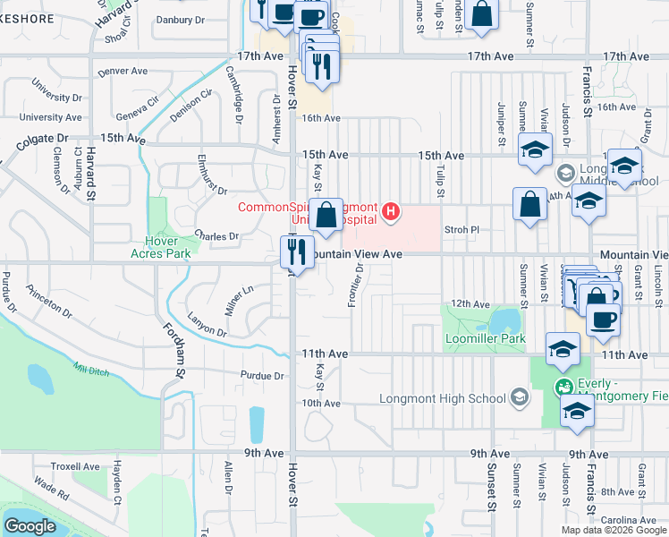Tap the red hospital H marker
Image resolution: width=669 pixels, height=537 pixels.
pos(390,212)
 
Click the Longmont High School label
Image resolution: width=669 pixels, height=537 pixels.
pos(443,398)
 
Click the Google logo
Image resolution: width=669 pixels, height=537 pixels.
pos(30,526)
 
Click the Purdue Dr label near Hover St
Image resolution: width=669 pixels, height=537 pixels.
pos(262,376)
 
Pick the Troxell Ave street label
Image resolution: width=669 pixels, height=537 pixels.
pos(75,466)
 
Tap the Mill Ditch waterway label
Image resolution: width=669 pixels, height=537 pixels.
pos(90,369)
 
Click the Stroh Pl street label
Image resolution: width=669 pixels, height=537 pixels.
pos(462,230)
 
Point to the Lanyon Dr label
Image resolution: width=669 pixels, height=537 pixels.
pos(207,325)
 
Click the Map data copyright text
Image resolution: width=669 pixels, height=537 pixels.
pos(614,530)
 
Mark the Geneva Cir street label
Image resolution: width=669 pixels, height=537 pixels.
pos(137,112)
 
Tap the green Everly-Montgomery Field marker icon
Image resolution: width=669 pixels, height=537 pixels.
pos(563,388)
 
